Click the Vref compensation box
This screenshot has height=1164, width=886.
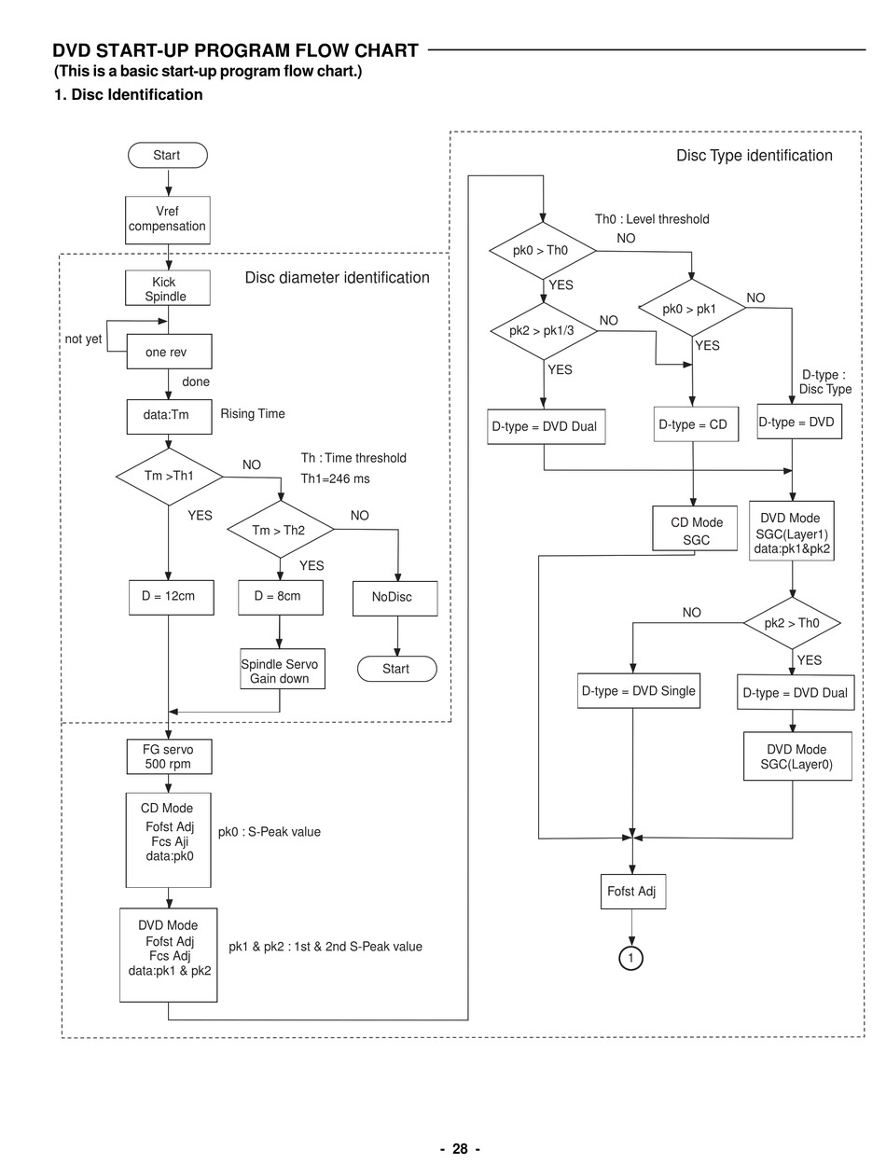(168, 219)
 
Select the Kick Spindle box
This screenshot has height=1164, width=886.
(168, 288)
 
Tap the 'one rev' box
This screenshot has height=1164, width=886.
(169, 352)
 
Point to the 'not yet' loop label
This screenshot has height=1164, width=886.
(83, 339)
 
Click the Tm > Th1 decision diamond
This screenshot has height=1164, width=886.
(169, 476)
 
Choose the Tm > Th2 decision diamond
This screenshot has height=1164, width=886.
(280, 530)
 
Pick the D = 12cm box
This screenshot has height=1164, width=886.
(170, 597)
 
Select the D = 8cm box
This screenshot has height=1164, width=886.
(280, 597)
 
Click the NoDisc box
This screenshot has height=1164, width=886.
(395, 598)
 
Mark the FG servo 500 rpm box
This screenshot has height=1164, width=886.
(169, 756)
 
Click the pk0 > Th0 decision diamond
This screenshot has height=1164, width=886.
(542, 250)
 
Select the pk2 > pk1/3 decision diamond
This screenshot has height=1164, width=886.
(543, 331)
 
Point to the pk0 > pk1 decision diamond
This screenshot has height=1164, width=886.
(691, 309)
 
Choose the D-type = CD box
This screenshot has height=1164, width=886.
(692, 424)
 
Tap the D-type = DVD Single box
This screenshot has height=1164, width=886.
(638, 691)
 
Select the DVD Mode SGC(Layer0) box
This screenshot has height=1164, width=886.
(796, 756)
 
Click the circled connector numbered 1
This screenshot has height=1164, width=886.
(631, 958)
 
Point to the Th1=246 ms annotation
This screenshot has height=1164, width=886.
(335, 478)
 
